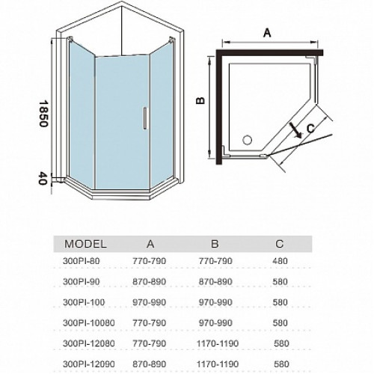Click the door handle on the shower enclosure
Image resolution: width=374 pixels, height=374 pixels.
coord(145,118)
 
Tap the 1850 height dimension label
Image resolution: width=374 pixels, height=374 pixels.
coord(43,114)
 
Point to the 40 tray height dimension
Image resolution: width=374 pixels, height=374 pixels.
coord(43,179)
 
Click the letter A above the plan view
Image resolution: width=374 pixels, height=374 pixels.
coord(267,33)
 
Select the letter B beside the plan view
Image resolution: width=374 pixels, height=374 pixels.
coord(200,100)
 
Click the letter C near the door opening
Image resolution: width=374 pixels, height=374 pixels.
coord(310,129)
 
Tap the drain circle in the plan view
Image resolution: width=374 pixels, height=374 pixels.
coord(247,140)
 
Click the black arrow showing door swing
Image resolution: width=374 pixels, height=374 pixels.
coord(295,130)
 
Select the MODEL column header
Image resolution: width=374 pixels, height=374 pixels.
coord(85,244)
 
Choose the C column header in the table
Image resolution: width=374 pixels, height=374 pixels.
coord(280,244)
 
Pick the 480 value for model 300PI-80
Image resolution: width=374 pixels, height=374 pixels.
coord(280,261)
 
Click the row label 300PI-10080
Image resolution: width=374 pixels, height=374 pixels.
coord(89,323)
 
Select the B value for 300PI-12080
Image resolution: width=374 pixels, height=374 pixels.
coord(218,343)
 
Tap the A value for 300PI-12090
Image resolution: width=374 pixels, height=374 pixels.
coord(150,364)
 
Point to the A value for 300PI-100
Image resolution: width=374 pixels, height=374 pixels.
coord(150,302)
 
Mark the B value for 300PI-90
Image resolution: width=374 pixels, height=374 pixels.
coord(215,282)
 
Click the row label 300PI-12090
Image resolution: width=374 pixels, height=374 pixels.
coord(89,364)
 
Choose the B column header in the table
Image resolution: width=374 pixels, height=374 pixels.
coord(215,244)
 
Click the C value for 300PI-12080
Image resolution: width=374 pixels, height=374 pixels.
coord(281,343)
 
